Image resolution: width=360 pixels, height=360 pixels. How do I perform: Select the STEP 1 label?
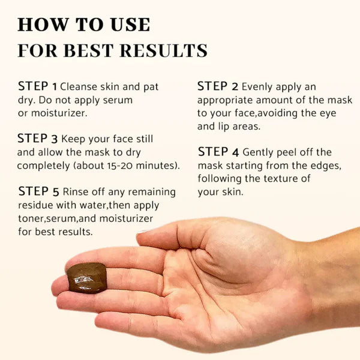[x=38, y=86]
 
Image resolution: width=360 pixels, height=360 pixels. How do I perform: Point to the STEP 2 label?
[x=217, y=86]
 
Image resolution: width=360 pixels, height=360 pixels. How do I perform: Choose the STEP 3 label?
[x=38, y=139]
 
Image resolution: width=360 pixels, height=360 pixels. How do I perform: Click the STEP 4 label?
[x=217, y=152]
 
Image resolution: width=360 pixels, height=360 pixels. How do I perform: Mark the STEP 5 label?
[x=38, y=191]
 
